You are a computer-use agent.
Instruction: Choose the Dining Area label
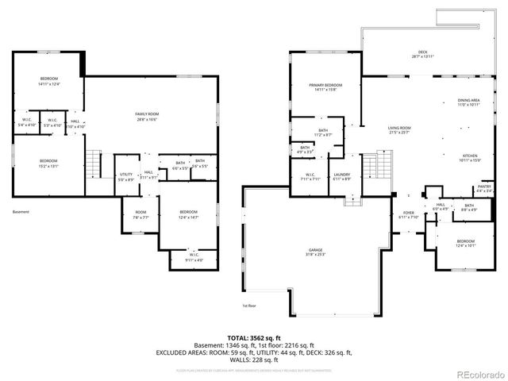coord(468,102)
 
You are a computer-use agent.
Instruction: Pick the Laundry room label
coord(342,176)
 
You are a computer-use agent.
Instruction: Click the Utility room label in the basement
coord(126,176)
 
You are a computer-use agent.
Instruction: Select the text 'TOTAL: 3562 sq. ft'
coord(253,337)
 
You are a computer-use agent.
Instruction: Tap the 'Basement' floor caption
coord(21,212)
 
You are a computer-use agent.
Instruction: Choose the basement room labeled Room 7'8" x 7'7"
coord(140,214)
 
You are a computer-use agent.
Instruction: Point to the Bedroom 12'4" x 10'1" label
coord(465,243)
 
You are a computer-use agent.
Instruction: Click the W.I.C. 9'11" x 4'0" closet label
coord(194,256)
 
